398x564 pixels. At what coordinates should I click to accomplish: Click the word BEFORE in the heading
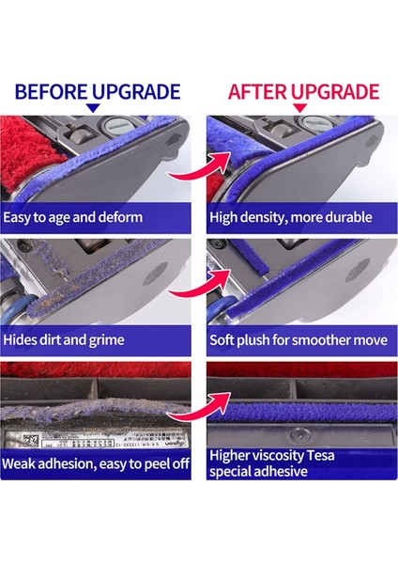(x=51, y=91)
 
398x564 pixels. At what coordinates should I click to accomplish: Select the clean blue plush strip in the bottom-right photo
(x=296, y=396)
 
